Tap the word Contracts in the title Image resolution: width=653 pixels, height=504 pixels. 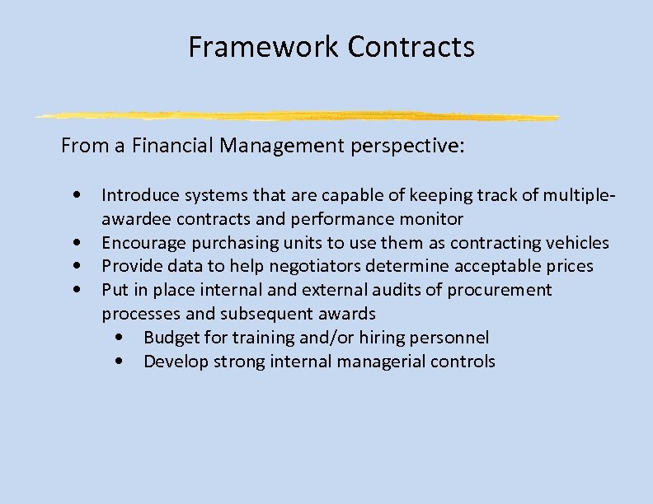411,47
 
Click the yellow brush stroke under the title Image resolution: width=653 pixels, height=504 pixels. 297,115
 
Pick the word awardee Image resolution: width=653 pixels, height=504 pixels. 130,219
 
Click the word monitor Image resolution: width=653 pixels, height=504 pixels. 435,219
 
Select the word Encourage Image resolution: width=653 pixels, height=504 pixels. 137,243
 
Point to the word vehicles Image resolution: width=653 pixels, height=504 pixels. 577,243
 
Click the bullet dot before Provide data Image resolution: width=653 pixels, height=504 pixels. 77,267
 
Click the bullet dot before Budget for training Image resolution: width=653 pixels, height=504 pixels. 121,338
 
